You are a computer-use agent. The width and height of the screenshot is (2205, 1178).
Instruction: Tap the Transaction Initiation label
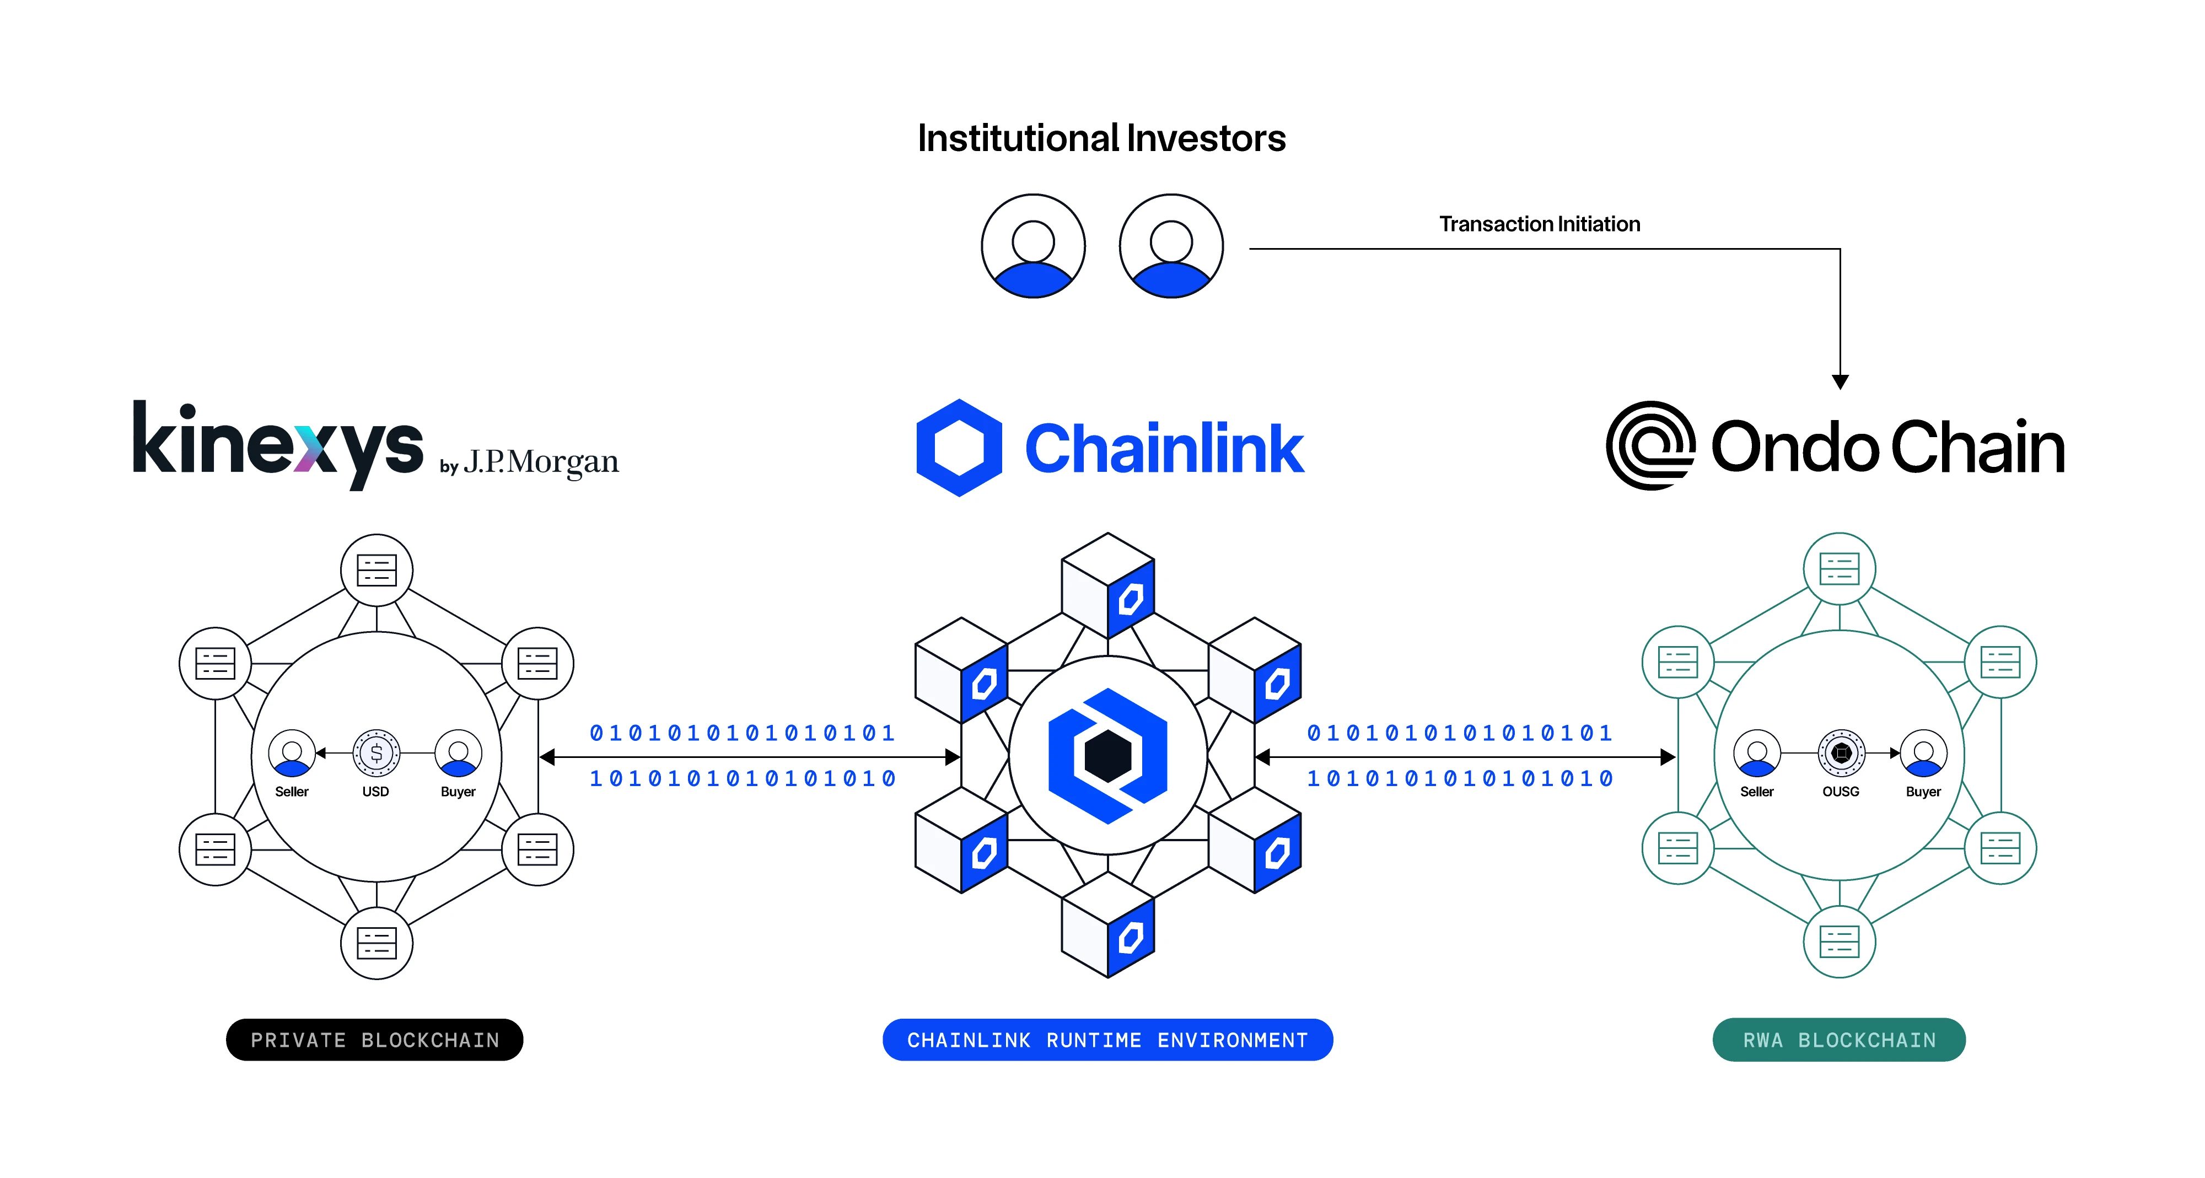1539,224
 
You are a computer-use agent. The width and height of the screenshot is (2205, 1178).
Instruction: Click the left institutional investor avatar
1033,246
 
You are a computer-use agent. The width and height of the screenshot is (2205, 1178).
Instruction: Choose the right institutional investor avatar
1171,246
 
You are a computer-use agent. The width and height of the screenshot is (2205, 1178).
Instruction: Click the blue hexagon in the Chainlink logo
959,448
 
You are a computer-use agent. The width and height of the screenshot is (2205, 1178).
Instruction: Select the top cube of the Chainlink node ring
1107,585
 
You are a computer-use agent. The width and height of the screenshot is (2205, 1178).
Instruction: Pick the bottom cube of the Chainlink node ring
1107,924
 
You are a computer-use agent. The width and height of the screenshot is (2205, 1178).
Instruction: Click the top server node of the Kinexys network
377,569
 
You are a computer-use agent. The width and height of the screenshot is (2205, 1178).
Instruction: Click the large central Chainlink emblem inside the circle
1107,756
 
